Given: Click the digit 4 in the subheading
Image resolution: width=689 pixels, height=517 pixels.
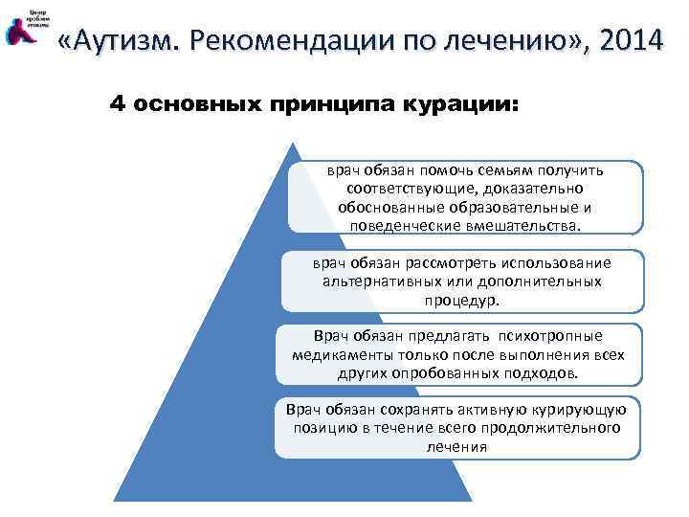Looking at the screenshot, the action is coord(118,104).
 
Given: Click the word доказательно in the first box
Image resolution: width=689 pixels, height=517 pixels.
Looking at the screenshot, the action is coord(521,190).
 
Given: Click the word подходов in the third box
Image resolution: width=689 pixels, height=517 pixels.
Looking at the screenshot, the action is coord(543,372).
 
